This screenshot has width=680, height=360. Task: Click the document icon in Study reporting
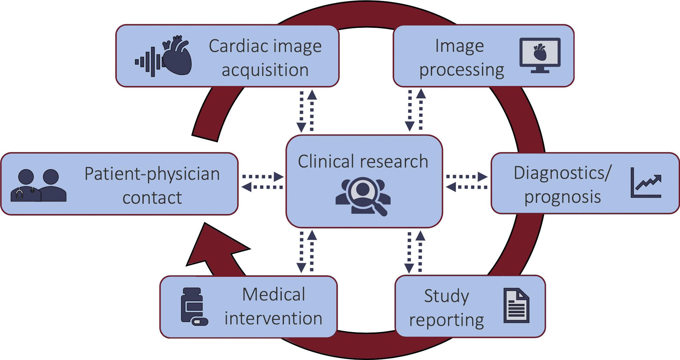point(516,306)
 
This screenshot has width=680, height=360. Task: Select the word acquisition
point(265,70)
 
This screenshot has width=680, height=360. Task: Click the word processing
point(462,70)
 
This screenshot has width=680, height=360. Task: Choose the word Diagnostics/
point(563,173)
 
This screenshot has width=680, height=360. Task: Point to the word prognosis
point(563,197)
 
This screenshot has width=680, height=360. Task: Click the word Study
point(447,296)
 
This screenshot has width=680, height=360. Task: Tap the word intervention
point(273,318)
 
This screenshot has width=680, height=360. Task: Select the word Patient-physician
point(152,174)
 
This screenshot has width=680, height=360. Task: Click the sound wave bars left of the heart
point(147,62)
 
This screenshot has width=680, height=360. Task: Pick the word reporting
point(447,320)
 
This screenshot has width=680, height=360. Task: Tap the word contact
point(152,198)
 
